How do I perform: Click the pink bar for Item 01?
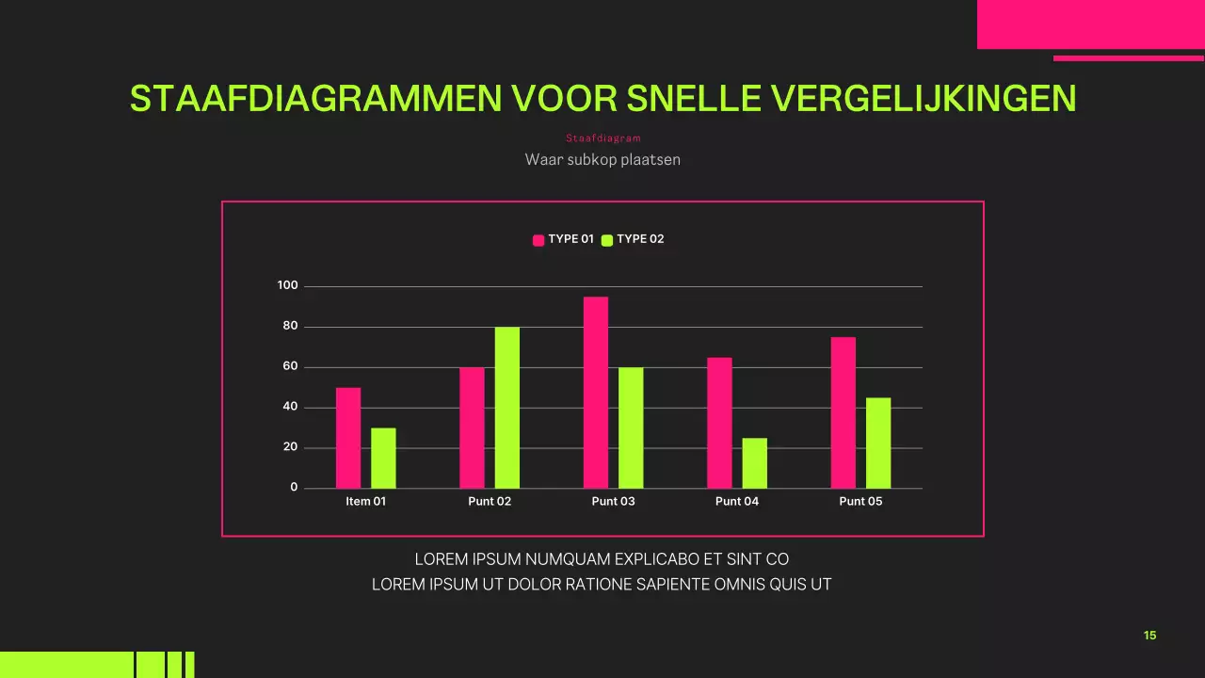[348, 438]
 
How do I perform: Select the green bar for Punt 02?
[507, 408]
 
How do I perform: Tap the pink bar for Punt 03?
[596, 393]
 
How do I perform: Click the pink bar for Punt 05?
[843, 412]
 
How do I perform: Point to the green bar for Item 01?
[383, 458]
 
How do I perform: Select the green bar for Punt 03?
[631, 428]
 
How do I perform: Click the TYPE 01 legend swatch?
[539, 240]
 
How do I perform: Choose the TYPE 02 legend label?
[640, 239]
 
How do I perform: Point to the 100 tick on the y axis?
[287, 285]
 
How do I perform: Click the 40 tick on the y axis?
[290, 407]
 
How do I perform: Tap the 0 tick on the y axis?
[294, 487]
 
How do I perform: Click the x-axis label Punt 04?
[737, 501]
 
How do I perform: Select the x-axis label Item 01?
[366, 501]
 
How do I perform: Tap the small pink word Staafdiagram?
[602, 138]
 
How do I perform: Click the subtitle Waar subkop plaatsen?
[602, 159]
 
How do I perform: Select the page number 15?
[1149, 636]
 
